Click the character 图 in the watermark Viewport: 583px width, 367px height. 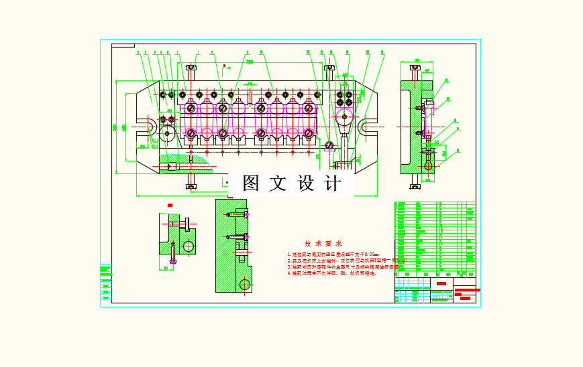pyautogui.click(x=251, y=183)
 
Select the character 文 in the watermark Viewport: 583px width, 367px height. pyautogui.click(x=278, y=183)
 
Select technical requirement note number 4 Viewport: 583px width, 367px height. pyautogui.click(x=331, y=273)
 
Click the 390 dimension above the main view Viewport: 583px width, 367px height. pyautogui.click(x=249, y=62)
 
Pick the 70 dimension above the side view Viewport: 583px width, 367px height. pyautogui.click(x=417, y=61)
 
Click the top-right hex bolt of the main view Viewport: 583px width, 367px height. pyautogui.click(x=329, y=68)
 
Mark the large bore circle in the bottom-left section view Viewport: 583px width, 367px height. pyautogui.click(x=189, y=246)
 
